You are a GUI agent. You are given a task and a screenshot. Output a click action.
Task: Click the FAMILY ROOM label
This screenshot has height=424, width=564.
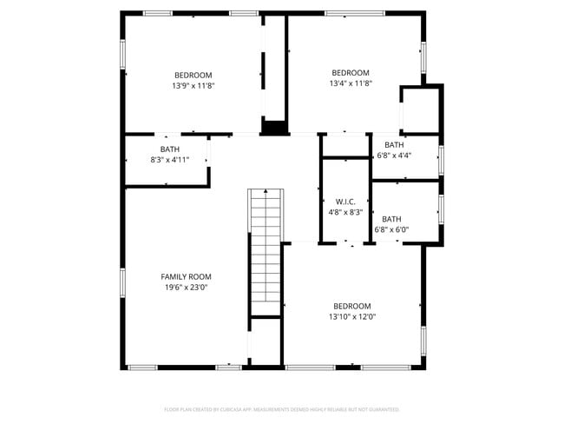[x=187, y=277]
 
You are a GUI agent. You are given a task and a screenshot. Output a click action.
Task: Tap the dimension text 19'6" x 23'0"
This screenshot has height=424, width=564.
[x=187, y=288]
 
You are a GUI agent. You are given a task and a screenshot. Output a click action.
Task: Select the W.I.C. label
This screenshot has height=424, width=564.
[x=345, y=202]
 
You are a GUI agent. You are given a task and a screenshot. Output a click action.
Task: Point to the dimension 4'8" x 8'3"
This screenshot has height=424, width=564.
[x=345, y=212]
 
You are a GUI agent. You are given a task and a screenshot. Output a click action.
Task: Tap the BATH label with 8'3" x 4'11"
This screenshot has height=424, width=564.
[x=169, y=149]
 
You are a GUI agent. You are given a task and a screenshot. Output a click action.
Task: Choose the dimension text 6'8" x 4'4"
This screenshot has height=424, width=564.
[x=394, y=156]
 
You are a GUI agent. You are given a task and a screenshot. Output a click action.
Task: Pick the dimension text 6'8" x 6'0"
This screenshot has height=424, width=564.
[x=391, y=229]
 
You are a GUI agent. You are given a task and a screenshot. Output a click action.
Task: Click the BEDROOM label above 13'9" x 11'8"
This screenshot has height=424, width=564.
[x=193, y=76]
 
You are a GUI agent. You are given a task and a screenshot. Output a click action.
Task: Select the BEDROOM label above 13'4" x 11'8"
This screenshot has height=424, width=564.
[x=351, y=73]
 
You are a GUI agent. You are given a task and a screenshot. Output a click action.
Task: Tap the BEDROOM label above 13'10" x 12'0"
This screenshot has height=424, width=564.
[x=352, y=306]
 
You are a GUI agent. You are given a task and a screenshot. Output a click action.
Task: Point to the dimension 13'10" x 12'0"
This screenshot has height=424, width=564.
[x=352, y=316]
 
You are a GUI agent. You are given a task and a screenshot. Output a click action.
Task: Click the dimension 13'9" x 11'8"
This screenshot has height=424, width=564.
[x=193, y=86]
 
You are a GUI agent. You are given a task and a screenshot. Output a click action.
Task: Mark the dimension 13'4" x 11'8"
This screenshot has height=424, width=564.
[x=351, y=83]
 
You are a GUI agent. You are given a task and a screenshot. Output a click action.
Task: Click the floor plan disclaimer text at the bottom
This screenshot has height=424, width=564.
[x=281, y=408]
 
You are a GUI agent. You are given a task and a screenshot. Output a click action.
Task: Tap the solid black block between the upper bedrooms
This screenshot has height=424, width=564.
[x=274, y=128]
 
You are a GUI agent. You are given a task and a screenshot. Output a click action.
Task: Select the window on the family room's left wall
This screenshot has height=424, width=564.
[x=123, y=282]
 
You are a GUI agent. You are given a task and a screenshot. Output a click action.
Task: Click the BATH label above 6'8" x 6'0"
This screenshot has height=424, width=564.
[x=391, y=219]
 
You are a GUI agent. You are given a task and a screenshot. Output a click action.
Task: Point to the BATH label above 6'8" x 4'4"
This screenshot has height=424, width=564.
[x=394, y=145]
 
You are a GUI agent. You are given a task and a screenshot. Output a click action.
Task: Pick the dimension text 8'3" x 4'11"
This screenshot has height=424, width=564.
[x=169, y=160]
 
